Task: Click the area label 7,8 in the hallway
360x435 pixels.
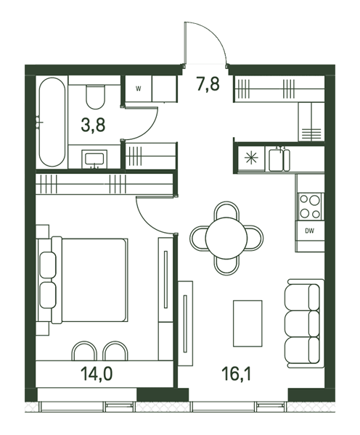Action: (x=208, y=84)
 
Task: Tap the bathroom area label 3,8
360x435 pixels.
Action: (x=93, y=125)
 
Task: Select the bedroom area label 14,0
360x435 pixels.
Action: (x=97, y=373)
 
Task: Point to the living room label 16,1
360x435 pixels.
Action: (x=237, y=373)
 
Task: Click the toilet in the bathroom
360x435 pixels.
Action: (x=95, y=97)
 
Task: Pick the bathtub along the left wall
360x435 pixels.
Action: (x=52, y=122)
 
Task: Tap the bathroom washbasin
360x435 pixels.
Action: (x=94, y=159)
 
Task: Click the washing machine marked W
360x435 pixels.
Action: (x=139, y=88)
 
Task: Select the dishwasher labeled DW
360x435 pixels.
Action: (x=309, y=231)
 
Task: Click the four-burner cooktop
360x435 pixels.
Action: (x=310, y=207)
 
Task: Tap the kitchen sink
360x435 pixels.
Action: (x=279, y=159)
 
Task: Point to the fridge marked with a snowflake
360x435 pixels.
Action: (x=251, y=158)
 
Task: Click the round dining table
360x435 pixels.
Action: (x=226, y=238)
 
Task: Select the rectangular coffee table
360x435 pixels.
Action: (x=247, y=323)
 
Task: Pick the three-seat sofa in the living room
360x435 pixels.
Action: (x=304, y=323)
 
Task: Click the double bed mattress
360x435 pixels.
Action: (x=94, y=280)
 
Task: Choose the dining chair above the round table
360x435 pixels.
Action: (x=226, y=210)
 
